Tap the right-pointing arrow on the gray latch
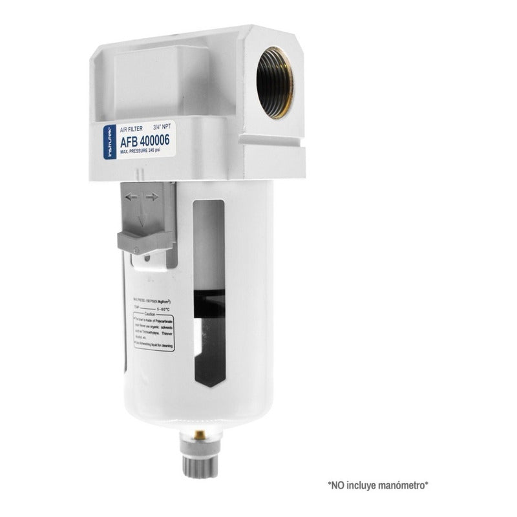pyautogui.click(x=153, y=196)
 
